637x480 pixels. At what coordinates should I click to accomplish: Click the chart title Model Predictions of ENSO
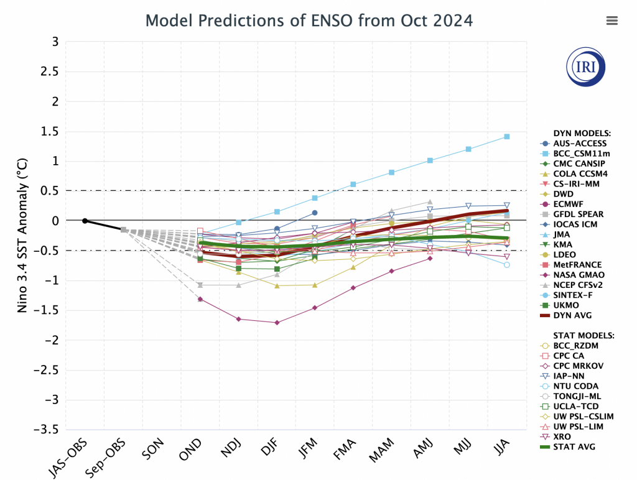point(309,21)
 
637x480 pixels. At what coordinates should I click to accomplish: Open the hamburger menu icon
point(611,21)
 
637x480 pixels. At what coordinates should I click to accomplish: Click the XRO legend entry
point(562,436)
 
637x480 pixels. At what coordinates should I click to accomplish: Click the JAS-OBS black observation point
point(85,221)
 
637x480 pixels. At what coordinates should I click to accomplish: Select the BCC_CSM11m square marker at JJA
point(507,137)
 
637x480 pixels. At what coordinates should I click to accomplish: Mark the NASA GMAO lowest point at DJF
point(277,323)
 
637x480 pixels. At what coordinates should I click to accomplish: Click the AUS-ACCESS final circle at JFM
point(315,213)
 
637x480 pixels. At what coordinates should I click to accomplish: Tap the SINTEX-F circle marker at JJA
point(507,265)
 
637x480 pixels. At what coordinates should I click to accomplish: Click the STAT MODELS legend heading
point(583,335)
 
